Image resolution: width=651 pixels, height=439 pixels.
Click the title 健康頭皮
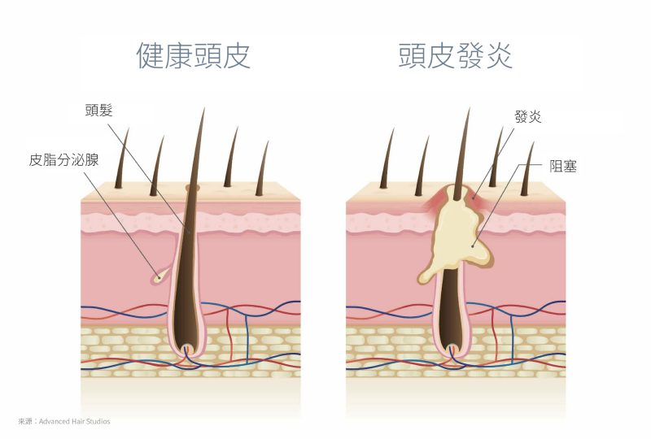pos(194,55)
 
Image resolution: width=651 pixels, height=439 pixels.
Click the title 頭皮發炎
pos(456,55)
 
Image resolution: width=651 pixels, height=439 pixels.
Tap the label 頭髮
pos(98,111)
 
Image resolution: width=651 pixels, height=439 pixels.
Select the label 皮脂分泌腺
pos(63,160)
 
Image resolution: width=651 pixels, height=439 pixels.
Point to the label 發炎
pos(527,116)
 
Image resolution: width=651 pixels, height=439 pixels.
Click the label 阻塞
pos(563,167)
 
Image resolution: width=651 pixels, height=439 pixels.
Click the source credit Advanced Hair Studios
pos(74,422)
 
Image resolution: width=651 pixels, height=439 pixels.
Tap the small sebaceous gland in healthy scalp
pos(160,275)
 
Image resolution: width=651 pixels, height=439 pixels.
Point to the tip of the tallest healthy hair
pos(204,108)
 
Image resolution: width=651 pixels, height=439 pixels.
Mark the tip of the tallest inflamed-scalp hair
pos(470,108)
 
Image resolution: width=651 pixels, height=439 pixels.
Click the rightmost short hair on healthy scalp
pos(262,168)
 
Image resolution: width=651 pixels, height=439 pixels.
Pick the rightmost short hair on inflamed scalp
pos(527,168)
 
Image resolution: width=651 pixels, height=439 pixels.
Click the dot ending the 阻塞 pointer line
pos(473,246)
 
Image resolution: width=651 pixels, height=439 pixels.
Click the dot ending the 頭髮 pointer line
pos(190,233)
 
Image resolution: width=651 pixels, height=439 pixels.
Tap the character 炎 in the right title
pos(499,55)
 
